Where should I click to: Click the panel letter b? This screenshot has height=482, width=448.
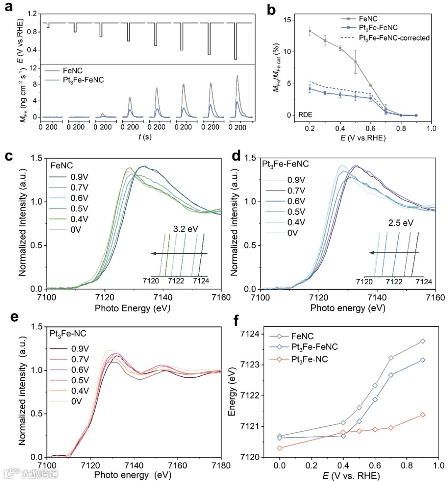(x=272, y=9)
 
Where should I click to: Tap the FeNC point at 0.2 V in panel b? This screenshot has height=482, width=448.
(x=309, y=31)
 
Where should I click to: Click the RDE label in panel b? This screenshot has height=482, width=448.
(x=306, y=115)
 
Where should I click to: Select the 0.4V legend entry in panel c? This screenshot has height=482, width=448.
(x=79, y=219)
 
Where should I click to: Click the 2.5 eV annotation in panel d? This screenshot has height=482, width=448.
(x=401, y=223)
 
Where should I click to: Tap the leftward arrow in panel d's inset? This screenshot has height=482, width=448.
(x=394, y=252)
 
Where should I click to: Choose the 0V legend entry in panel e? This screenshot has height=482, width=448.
(x=76, y=401)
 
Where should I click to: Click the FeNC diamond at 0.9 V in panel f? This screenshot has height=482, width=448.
(x=423, y=341)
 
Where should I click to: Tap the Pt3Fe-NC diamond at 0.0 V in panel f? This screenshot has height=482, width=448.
(x=280, y=448)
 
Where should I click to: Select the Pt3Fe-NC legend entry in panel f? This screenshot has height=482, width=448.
(x=309, y=359)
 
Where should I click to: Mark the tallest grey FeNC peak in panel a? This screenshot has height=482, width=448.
(x=237, y=76)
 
